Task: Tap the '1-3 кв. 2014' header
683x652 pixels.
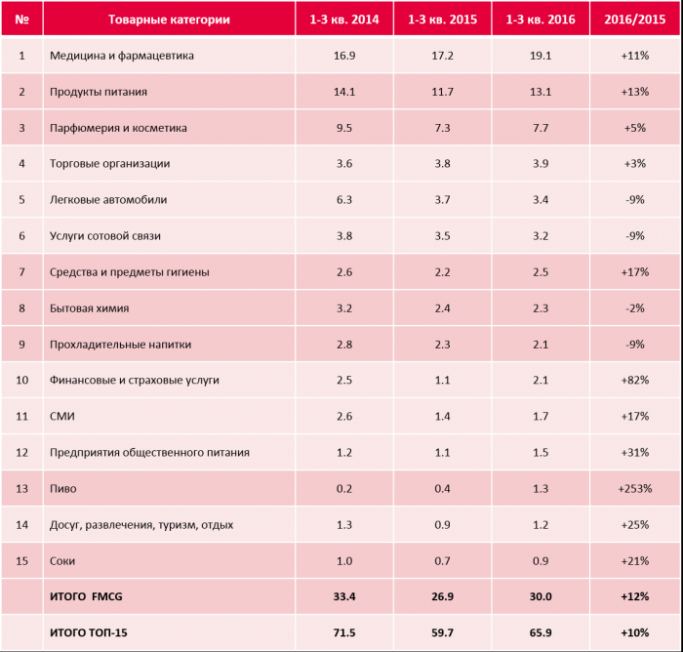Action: (x=343, y=20)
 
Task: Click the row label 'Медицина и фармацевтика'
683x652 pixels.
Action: (x=121, y=56)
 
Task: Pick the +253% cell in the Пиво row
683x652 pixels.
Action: (x=633, y=489)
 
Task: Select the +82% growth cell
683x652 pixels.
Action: (x=633, y=380)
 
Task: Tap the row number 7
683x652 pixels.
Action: (x=21, y=272)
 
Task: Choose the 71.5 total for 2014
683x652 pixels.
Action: (x=343, y=633)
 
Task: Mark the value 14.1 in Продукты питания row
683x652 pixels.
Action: (x=343, y=92)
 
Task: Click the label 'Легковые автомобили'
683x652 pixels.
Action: (x=107, y=200)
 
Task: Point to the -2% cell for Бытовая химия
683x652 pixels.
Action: (x=633, y=308)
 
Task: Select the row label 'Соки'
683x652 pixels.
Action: (x=62, y=561)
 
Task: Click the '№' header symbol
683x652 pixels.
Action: (x=21, y=20)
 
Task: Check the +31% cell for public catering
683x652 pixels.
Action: (x=633, y=453)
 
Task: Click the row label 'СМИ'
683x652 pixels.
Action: (x=61, y=417)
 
